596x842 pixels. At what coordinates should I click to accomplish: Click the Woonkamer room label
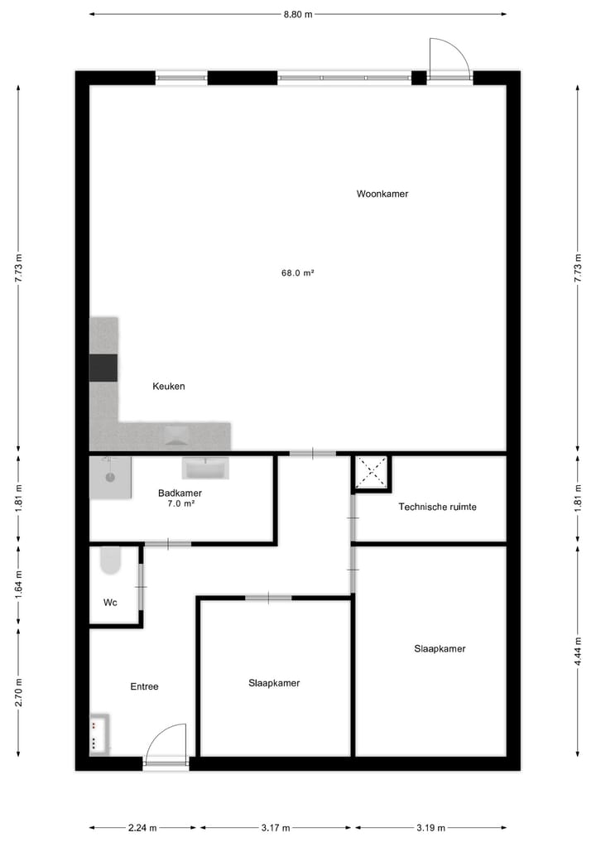click(x=382, y=194)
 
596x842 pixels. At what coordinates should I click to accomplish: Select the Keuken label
click(x=169, y=386)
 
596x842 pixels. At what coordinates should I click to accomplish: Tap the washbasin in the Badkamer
click(x=204, y=469)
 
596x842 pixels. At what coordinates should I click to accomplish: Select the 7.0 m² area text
click(x=180, y=503)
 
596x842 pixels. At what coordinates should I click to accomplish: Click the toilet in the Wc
click(x=109, y=561)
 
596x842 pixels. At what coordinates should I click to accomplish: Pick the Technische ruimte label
click(x=437, y=507)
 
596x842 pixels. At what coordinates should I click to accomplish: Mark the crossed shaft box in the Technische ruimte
click(x=371, y=473)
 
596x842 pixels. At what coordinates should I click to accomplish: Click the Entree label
click(x=144, y=686)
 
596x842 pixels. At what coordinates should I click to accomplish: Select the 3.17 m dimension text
click(x=276, y=827)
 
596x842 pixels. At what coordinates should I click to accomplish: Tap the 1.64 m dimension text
click(x=18, y=585)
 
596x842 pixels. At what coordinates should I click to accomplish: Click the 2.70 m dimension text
click(x=18, y=693)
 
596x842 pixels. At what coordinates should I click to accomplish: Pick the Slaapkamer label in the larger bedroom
click(x=440, y=648)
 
